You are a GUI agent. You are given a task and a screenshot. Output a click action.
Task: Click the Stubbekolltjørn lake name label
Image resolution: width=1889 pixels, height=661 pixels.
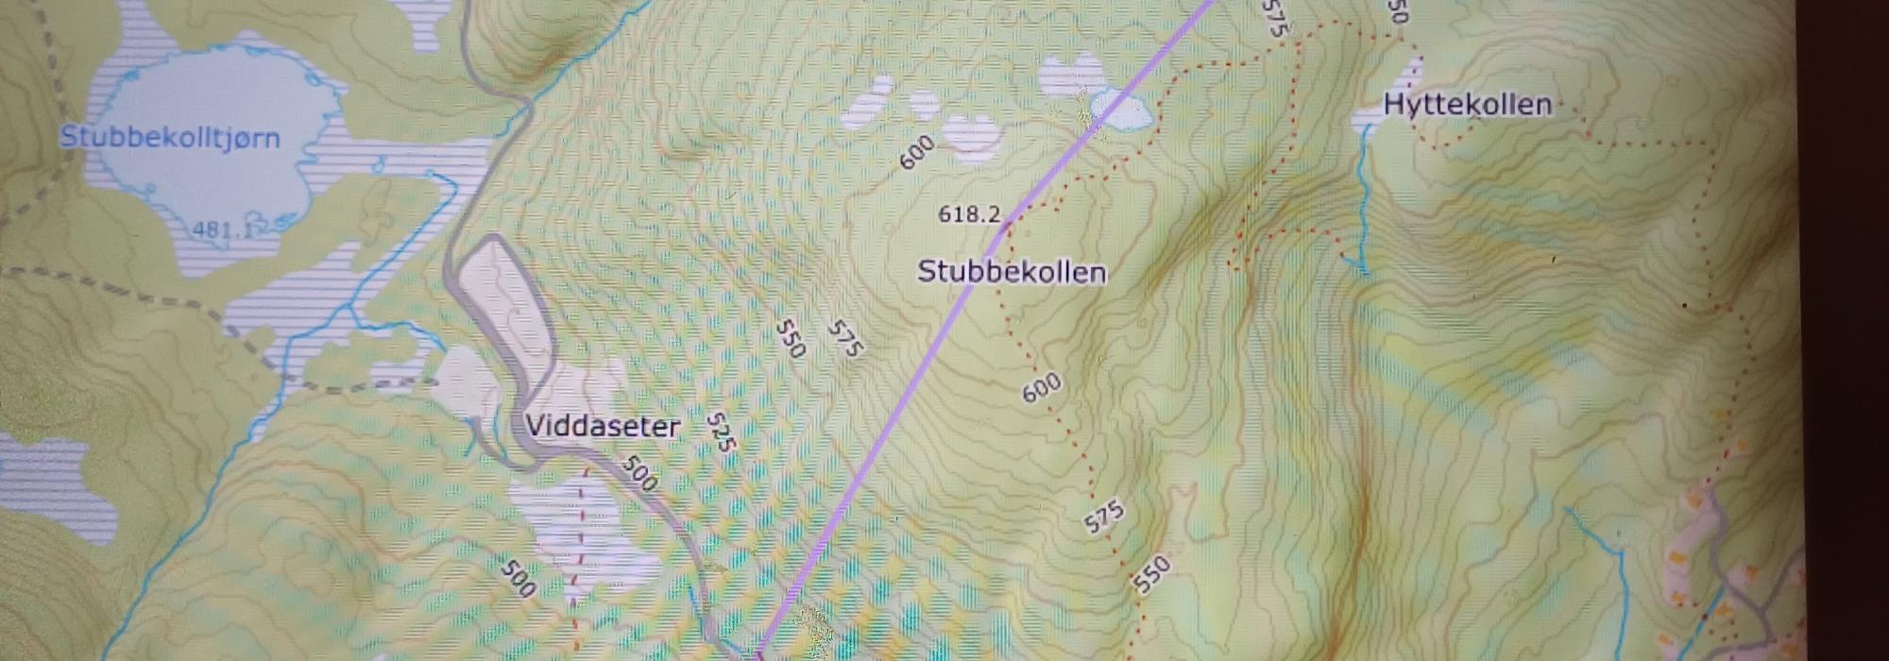pos(170,138)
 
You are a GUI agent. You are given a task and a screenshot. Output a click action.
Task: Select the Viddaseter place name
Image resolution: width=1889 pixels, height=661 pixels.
pos(603,426)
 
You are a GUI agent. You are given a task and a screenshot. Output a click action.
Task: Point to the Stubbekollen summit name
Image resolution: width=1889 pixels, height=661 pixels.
pos(1012,272)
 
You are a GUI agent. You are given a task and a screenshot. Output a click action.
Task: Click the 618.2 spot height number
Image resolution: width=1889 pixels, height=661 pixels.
pos(969,214)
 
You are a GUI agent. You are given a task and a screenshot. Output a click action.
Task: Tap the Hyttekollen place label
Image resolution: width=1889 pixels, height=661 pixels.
pos(1467,104)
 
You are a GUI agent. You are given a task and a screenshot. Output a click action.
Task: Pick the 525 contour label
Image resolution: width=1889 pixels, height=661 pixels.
pos(721,432)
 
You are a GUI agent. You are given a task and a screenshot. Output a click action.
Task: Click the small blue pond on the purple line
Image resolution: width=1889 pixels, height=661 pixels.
pos(1121,111)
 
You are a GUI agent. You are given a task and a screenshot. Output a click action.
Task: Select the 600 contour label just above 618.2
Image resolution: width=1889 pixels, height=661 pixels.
pos(916,152)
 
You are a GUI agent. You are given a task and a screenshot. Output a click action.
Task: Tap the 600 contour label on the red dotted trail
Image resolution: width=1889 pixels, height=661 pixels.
pos(1042,387)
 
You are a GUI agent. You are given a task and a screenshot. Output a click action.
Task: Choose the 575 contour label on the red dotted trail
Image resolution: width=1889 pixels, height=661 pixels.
pos(1103,517)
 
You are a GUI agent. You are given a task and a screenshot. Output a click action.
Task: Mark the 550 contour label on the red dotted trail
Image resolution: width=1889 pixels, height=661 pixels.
pos(1152,574)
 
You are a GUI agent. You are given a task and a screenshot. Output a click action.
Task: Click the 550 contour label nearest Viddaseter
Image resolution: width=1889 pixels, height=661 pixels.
pos(791,338)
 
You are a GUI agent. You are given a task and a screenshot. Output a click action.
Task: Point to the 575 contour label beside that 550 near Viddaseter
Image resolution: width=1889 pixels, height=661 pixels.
pos(844,340)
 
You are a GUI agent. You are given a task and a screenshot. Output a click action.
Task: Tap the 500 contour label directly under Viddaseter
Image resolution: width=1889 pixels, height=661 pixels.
pos(640,474)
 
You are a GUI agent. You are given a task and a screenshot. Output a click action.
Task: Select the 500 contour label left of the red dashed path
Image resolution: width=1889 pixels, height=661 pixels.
pos(519,578)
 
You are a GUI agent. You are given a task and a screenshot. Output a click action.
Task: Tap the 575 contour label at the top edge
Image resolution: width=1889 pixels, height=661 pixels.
pos(1274,17)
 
